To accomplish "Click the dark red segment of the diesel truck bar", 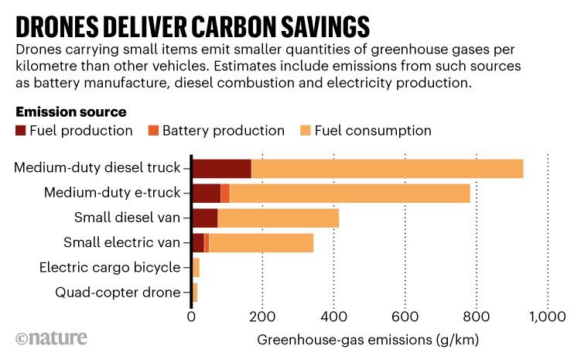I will (x=221, y=168).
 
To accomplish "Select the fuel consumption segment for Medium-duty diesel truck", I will (x=387, y=168).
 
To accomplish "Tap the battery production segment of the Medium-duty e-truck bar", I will (x=225, y=193).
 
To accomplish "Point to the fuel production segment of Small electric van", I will (x=197, y=243).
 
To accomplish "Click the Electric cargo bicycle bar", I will (x=196, y=268).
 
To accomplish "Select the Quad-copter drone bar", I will (x=194, y=293).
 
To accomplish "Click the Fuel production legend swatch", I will (x=20, y=131).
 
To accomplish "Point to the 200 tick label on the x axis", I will (x=263, y=317).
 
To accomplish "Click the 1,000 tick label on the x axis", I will (x=548, y=317).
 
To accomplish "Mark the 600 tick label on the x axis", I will (x=405, y=317).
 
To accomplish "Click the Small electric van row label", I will (x=121, y=243).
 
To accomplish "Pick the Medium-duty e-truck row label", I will (x=112, y=193).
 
